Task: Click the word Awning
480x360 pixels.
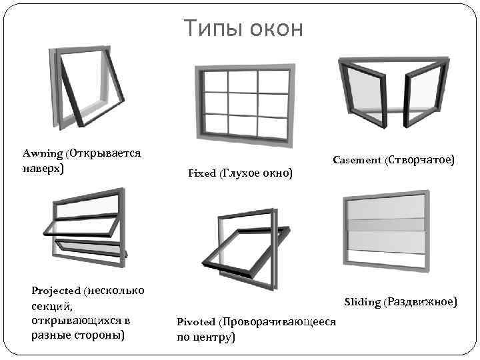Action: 43,153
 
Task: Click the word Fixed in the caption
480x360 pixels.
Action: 202,173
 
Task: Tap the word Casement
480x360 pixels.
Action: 357,161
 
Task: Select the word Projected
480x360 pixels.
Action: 57,291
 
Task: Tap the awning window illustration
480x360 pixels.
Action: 87,90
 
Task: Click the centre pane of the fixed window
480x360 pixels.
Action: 242,103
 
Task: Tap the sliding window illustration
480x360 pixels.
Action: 387,230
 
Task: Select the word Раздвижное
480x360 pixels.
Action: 422,303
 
